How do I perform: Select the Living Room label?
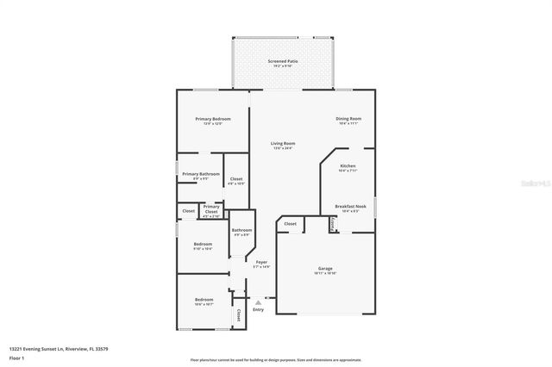click(x=283, y=143)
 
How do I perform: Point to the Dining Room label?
click(x=348, y=118)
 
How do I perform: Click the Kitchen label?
click(x=348, y=165)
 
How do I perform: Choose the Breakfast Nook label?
click(x=350, y=206)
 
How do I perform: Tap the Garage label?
click(x=325, y=268)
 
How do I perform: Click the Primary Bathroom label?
click(x=200, y=174)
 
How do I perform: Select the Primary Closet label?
click(x=211, y=207)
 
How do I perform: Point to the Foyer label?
click(x=260, y=262)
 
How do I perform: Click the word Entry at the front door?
click(x=258, y=309)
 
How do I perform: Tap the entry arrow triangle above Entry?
click(x=258, y=302)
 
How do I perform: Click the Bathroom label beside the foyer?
click(x=241, y=229)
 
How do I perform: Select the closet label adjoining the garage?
click(x=291, y=224)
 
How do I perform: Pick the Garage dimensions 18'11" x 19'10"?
click(x=325, y=273)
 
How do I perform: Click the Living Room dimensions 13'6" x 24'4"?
click(x=283, y=148)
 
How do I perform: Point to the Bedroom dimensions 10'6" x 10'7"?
click(x=204, y=304)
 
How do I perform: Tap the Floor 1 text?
click(x=16, y=358)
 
